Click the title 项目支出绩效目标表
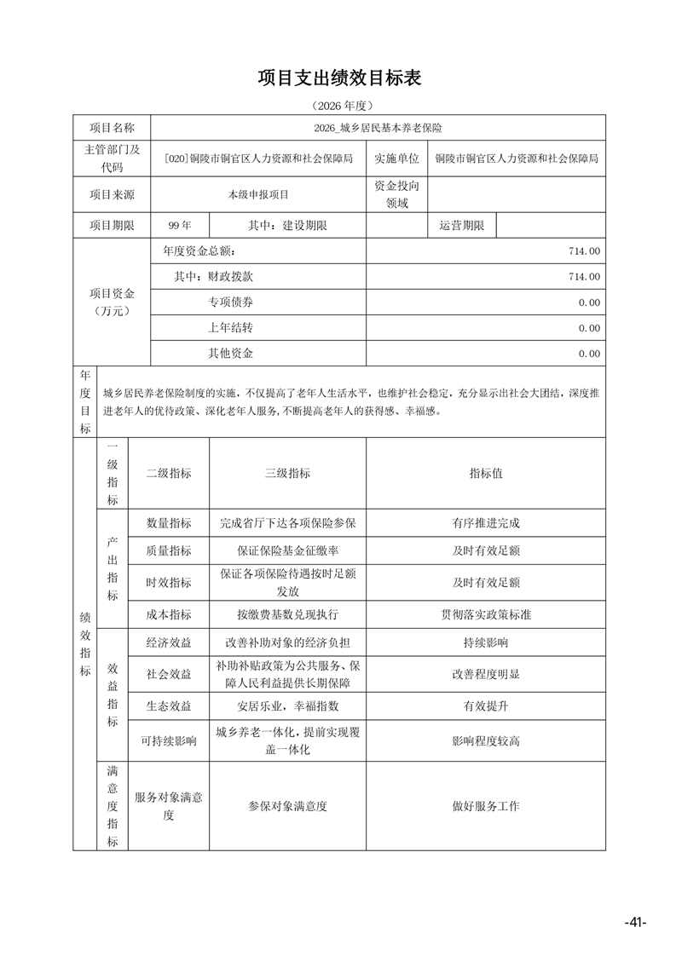coord(339,78)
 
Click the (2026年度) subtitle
coord(338,106)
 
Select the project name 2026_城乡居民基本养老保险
coord(377,128)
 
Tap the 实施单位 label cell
coord(396,158)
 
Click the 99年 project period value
coord(180,226)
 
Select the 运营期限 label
coord(461,226)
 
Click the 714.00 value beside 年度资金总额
coord(583,251)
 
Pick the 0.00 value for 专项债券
coord(588,302)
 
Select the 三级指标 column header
coord(287,474)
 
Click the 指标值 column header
coord(486,474)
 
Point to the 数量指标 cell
coord(169,523)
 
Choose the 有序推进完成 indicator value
coord(486,523)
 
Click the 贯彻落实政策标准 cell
coord(486,614)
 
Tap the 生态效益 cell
coord(169,706)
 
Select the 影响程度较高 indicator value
coord(486,741)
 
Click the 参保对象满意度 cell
coord(287,806)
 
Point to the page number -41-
coord(635,923)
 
